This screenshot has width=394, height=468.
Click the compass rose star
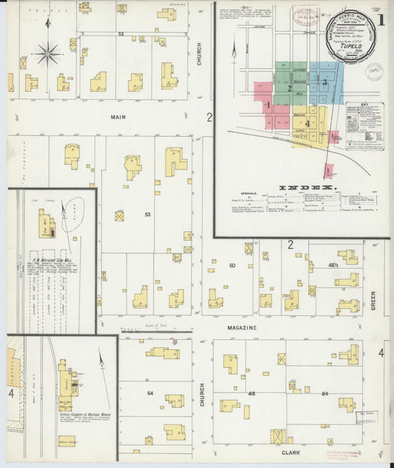point(48,53)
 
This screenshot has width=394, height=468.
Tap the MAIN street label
point(118,116)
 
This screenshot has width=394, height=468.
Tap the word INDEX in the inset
point(305,187)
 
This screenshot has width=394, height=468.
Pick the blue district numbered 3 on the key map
point(324,81)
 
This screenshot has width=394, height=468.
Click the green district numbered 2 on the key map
point(291,88)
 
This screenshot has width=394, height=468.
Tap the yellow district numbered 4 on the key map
point(307,123)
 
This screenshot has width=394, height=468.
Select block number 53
point(147,215)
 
